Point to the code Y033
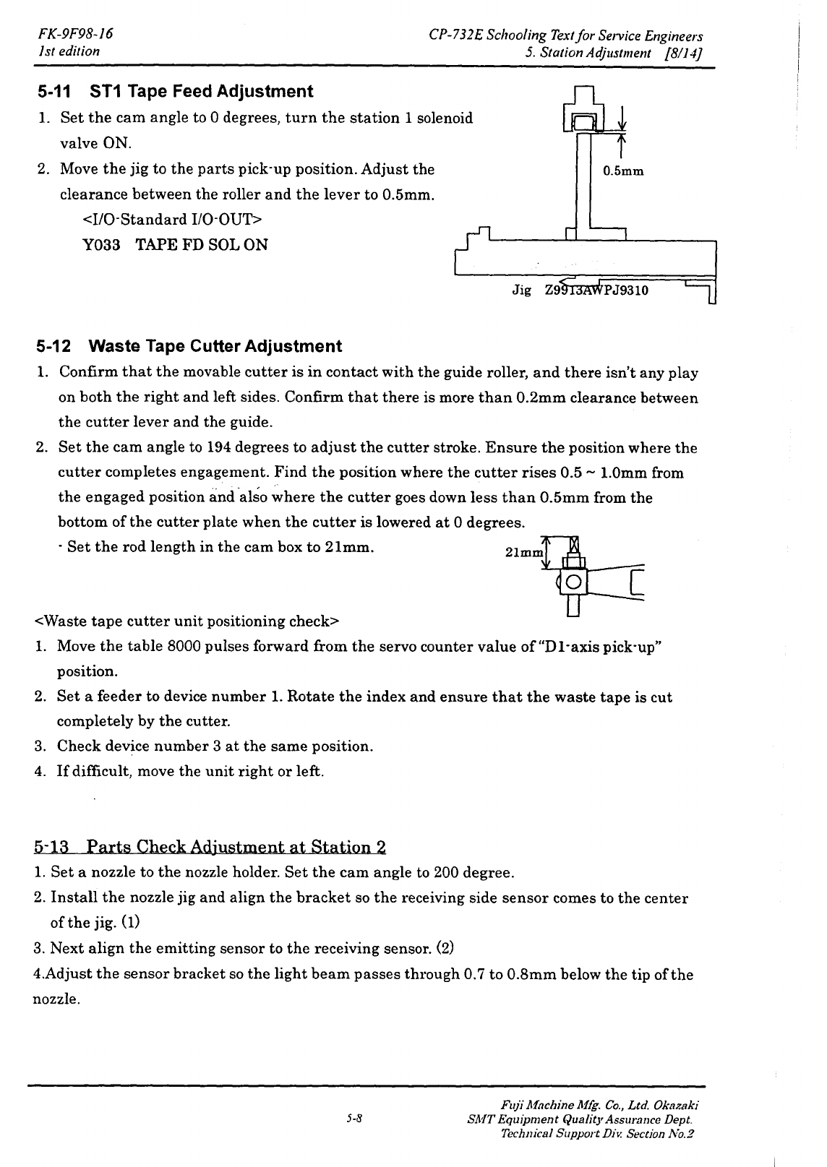click(100, 245)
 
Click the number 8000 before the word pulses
click(184, 647)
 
